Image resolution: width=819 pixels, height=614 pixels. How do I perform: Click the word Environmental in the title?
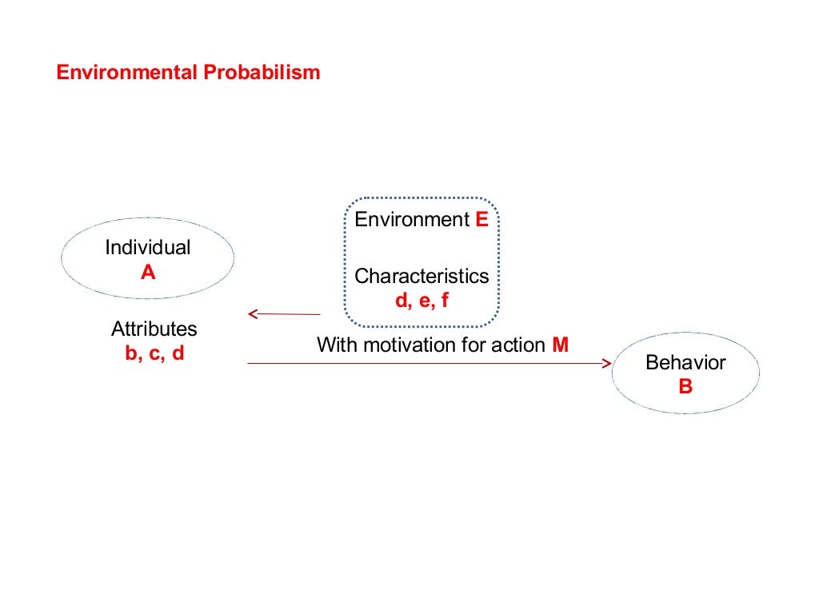click(126, 73)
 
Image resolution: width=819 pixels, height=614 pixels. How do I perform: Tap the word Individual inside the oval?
click(148, 248)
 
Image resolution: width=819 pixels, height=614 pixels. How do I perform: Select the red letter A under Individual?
click(148, 273)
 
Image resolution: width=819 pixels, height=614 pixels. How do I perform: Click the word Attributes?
click(154, 329)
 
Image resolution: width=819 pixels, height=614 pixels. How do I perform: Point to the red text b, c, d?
click(154, 353)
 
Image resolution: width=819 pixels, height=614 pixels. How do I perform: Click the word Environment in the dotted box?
click(412, 220)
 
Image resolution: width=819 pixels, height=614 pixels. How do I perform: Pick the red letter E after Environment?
click(481, 220)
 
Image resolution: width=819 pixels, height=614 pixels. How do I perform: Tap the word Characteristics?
click(421, 277)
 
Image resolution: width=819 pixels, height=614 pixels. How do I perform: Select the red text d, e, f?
click(421, 301)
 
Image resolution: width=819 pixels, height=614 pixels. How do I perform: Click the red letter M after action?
click(560, 345)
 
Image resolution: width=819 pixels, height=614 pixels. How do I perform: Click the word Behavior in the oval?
click(685, 363)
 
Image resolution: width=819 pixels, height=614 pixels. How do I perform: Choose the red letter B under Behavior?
click(685, 387)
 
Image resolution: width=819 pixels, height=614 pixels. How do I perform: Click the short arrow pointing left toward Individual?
click(284, 314)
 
